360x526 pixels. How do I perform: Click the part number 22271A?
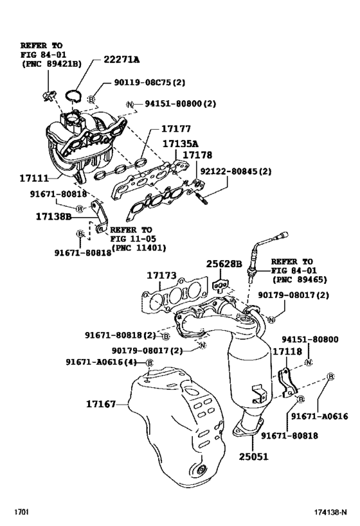[122, 60]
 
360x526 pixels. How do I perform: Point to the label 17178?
[198, 155]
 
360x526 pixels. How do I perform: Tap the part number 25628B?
[223, 264]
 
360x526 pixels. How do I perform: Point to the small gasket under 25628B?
[221, 283]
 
